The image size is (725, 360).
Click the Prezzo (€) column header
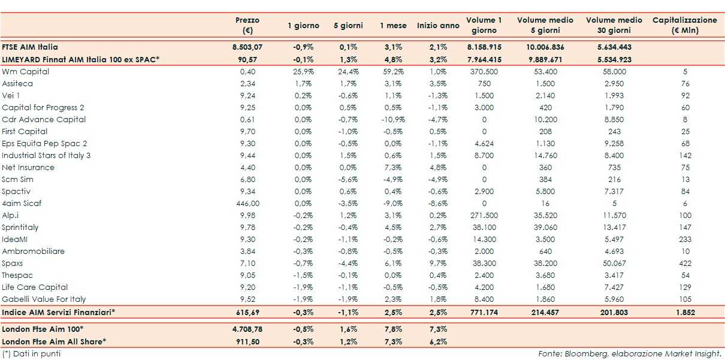tap(247, 25)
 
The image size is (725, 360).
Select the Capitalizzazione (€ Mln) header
tap(684, 25)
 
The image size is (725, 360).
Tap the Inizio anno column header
tap(438, 26)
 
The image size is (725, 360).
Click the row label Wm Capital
tap(26, 71)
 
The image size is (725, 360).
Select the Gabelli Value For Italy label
tap(44, 299)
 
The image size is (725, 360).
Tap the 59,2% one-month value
tap(392, 71)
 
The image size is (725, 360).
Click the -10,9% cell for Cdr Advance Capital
tap(392, 119)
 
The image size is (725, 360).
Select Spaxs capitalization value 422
tap(685, 263)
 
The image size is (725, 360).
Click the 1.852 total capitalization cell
tap(685, 312)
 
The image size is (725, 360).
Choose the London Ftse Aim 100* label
tap(43, 329)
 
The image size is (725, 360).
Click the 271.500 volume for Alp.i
tap(484, 215)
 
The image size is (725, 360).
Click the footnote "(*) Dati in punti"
tap(31, 353)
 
